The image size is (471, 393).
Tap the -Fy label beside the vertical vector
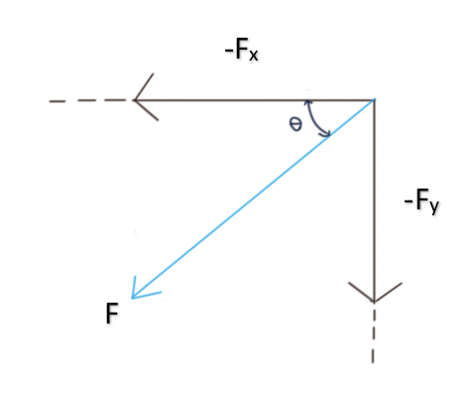tap(423, 202)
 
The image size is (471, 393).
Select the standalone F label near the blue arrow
tap(113, 314)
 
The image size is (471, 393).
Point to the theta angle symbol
tap(294, 125)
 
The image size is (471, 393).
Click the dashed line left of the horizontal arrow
tap(84, 100)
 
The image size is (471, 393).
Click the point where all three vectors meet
tap(374, 99)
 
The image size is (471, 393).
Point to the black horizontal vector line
tap(258, 99)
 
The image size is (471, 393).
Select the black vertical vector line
tap(373, 198)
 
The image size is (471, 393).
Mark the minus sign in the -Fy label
tap(409, 202)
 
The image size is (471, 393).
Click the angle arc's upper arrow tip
tap(309, 102)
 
